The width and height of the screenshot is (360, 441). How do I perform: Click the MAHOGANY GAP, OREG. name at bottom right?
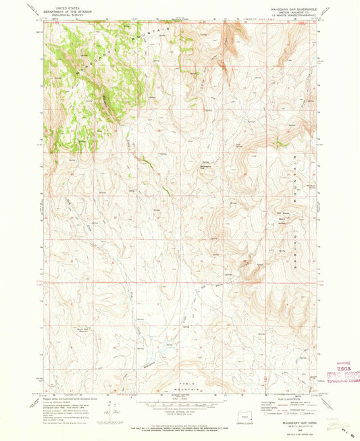286,423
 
